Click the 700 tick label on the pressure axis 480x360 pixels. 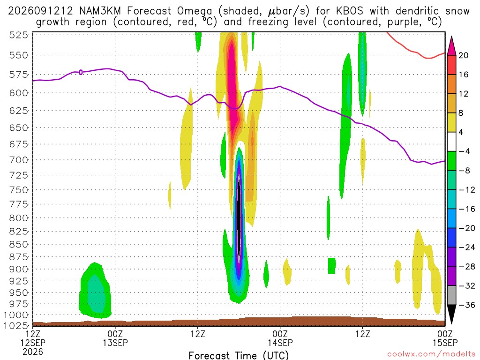click(x=19, y=160)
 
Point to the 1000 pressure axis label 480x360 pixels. click(x=16, y=315)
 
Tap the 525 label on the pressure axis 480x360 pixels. click(x=19, y=35)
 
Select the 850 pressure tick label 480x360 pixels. click(x=19, y=244)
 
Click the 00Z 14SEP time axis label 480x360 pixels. click(x=280, y=338)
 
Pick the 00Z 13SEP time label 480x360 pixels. click(x=115, y=338)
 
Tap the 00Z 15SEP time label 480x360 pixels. click(x=445, y=338)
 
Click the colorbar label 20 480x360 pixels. click(x=463, y=55)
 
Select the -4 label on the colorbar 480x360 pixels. click(x=464, y=151)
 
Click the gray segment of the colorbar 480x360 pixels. click(x=451, y=295)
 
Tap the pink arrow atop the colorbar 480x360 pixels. click(x=451, y=46)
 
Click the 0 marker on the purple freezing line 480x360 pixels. click(x=81, y=72)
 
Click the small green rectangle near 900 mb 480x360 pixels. click(x=331, y=266)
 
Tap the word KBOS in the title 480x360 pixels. click(x=350, y=11)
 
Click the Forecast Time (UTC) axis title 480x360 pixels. click(x=239, y=355)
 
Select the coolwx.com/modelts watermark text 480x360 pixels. click(x=431, y=354)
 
